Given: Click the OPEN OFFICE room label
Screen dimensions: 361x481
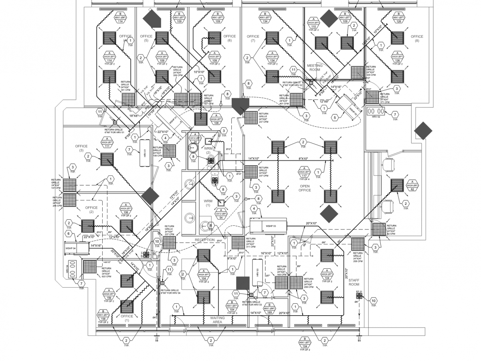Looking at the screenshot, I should (305, 188).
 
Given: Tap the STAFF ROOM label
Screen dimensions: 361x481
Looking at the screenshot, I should (354, 282).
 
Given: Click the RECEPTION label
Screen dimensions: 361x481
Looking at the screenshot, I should (205, 240).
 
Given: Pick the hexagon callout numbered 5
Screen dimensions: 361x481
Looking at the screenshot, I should (334, 118).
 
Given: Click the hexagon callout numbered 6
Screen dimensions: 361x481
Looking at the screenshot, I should (68, 234).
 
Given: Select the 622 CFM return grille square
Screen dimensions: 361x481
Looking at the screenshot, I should (90, 266).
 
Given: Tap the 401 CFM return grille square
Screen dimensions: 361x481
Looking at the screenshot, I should (296, 99).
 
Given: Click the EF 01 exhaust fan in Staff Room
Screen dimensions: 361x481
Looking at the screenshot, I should (359, 296).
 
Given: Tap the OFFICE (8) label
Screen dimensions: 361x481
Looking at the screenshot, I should (417, 39).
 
